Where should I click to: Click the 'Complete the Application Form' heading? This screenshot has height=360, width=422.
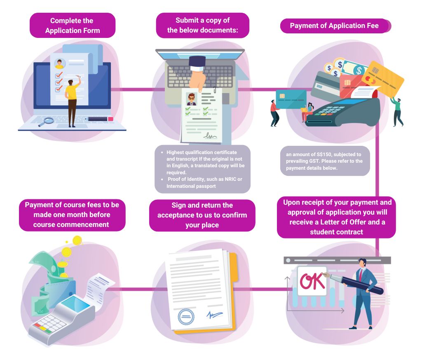(72, 26)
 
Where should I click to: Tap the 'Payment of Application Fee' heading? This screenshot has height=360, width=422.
(334, 26)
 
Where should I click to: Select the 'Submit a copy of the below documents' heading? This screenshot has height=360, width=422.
(202, 26)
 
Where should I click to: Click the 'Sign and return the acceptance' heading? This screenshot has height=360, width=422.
(202, 215)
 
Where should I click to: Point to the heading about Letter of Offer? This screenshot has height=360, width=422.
(336, 217)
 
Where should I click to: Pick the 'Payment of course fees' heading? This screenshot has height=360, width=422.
(72, 215)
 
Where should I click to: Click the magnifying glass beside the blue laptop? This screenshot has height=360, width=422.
(48, 121)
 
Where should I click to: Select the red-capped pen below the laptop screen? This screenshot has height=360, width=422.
(100, 119)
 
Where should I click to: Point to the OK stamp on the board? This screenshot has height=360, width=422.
(312, 281)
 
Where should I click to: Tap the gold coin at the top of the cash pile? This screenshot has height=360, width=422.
(77, 240)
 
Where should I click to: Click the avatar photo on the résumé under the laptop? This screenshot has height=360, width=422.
(191, 99)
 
